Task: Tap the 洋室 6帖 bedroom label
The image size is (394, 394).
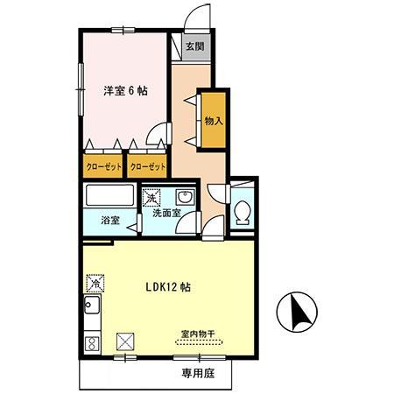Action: [124, 90]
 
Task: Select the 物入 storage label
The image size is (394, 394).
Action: [213, 121]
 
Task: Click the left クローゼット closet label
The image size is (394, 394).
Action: [104, 165]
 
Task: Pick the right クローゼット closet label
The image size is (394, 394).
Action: [147, 165]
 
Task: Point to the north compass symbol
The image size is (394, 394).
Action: [299, 313]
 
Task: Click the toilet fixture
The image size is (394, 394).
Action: [243, 210]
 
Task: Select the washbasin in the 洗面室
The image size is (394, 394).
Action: [184, 196]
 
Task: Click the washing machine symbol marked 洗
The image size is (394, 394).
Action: [153, 196]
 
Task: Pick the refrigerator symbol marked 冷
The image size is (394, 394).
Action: [95, 283]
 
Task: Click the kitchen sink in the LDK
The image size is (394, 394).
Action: [91, 308]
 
